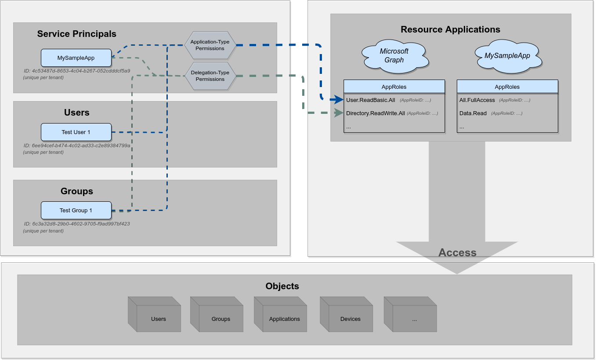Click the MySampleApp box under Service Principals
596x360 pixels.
pos(76,58)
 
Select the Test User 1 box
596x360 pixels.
pos(76,132)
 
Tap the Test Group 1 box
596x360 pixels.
pos(76,211)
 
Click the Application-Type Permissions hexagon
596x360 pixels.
pos(210,45)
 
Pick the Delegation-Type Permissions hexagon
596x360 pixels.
pos(210,76)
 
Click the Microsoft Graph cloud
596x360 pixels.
pos(394,55)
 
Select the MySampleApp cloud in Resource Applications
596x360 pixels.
pos(507,56)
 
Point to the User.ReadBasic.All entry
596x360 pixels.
pos(371,100)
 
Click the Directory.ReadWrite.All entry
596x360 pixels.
pos(376,113)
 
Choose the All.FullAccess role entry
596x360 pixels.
pos(477,100)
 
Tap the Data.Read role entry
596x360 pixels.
pos(473,113)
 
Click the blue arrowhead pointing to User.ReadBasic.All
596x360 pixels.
pos(338,100)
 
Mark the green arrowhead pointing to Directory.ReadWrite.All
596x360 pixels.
pos(338,113)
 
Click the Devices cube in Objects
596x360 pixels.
pos(350,319)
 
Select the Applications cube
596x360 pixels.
pos(284,319)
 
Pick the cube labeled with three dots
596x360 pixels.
pos(414,319)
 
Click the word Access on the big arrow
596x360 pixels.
pos(457,253)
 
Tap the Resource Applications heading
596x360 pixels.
pos(450,29)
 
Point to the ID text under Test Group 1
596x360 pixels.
pos(77,224)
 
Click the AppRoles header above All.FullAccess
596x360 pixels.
pos(507,87)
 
